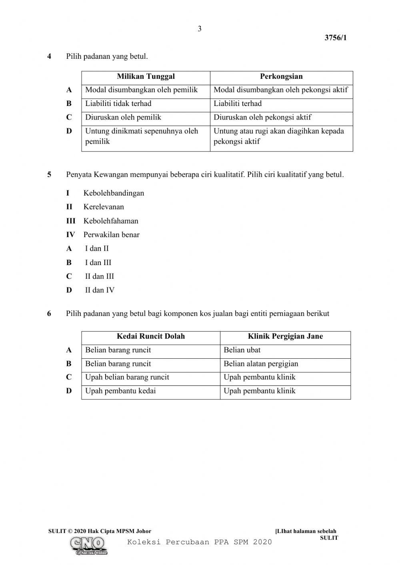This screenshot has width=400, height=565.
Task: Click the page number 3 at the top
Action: pyautogui.click(x=200, y=29)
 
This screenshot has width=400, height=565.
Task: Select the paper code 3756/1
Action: pyautogui.click(x=335, y=38)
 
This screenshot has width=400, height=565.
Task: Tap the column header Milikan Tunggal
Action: pyautogui.click(x=146, y=77)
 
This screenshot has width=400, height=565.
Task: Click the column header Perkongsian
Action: pyautogui.click(x=281, y=77)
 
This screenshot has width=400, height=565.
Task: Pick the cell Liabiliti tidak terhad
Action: pyautogui.click(x=118, y=104)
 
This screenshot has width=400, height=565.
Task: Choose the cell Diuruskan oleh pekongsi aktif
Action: pyautogui.click(x=262, y=117)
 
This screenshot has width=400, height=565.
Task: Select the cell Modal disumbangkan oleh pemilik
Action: pyautogui.click(x=142, y=90)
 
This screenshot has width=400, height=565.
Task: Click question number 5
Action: pyautogui.click(x=49, y=175)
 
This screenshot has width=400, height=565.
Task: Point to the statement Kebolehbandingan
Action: pyautogui.click(x=114, y=193)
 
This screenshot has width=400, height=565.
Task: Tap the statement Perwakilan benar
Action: pyautogui.click(x=111, y=235)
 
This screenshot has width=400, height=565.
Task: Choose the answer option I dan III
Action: pyautogui.click(x=98, y=263)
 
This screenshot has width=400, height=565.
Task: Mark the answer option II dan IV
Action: pyautogui.click(x=100, y=290)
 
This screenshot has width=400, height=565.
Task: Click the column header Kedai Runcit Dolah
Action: pyautogui.click(x=151, y=336)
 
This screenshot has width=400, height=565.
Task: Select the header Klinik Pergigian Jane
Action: pyautogui.click(x=285, y=336)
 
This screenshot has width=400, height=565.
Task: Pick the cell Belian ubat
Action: pyautogui.click(x=242, y=350)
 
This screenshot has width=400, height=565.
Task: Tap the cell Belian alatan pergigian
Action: pyautogui.click(x=261, y=363)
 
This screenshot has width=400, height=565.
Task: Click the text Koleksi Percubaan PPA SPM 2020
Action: pyautogui.click(x=199, y=542)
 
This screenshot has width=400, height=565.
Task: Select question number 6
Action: pyautogui.click(x=49, y=313)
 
